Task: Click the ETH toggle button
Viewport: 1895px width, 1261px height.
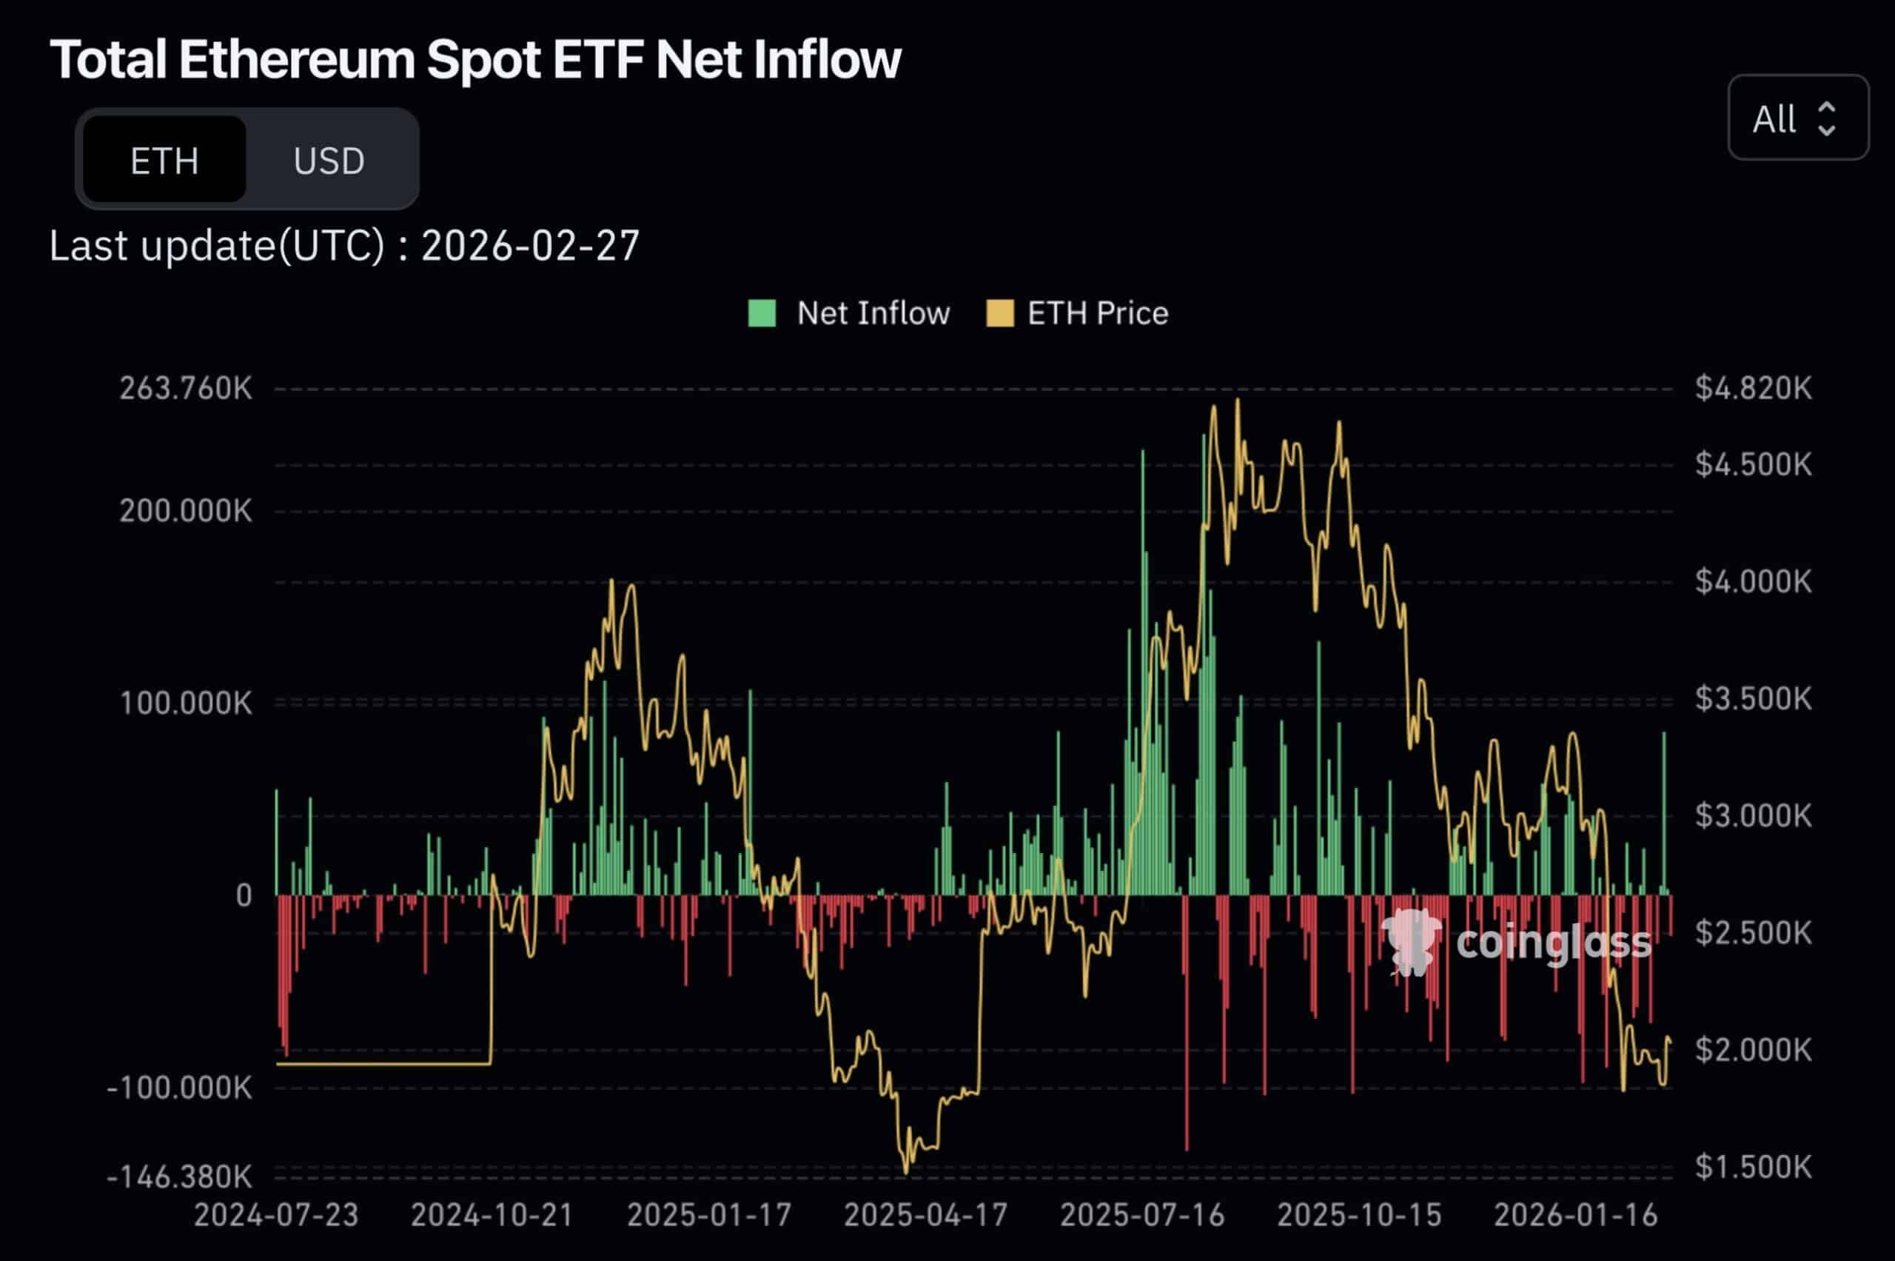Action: (x=164, y=160)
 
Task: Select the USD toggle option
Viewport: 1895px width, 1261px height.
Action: (x=329, y=160)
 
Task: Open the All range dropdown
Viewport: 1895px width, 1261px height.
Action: (x=1798, y=118)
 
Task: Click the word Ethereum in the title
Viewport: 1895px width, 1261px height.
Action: (x=296, y=59)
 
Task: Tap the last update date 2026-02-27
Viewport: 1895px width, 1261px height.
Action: (x=530, y=245)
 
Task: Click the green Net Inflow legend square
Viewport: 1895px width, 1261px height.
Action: (x=762, y=312)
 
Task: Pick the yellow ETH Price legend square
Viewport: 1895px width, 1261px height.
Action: (x=999, y=312)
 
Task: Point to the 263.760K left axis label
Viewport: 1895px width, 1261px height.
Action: (x=186, y=389)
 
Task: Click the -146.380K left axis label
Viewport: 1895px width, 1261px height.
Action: (x=179, y=1177)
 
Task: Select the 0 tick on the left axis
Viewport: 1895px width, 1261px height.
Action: (x=244, y=895)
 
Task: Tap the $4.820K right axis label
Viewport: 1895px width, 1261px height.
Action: (x=1754, y=389)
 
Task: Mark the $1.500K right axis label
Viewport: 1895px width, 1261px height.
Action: (x=1754, y=1166)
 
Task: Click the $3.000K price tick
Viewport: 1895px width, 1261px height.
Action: (x=1754, y=815)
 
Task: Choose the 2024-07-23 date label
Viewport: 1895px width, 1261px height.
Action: (x=276, y=1214)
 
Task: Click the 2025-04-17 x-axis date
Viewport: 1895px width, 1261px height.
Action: (x=925, y=1214)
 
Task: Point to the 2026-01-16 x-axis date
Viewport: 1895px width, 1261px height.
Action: (x=1575, y=1214)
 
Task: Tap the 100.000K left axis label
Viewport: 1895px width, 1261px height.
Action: (x=186, y=703)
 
